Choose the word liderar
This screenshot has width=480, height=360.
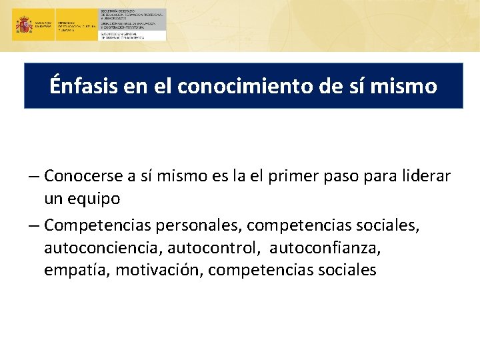[x=426, y=176]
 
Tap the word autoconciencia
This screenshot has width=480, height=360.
[x=103, y=249]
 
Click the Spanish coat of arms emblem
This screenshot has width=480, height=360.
[x=24, y=25]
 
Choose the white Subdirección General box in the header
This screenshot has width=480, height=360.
[x=132, y=35]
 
